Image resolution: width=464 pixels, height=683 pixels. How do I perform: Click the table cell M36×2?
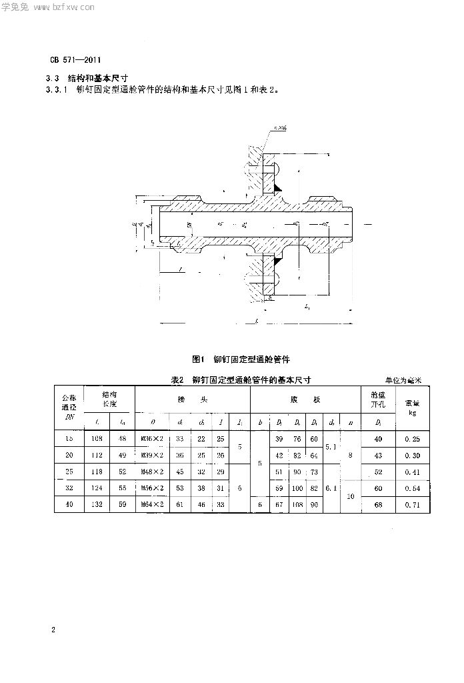(154, 439)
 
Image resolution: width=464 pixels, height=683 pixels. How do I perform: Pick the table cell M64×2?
(154, 506)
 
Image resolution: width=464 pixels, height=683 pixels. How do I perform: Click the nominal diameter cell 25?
(69, 472)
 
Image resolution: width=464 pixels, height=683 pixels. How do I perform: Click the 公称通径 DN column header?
(69, 406)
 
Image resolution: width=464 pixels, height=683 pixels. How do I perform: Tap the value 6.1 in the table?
(331, 489)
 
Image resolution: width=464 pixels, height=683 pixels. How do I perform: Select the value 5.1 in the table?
(331, 447)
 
